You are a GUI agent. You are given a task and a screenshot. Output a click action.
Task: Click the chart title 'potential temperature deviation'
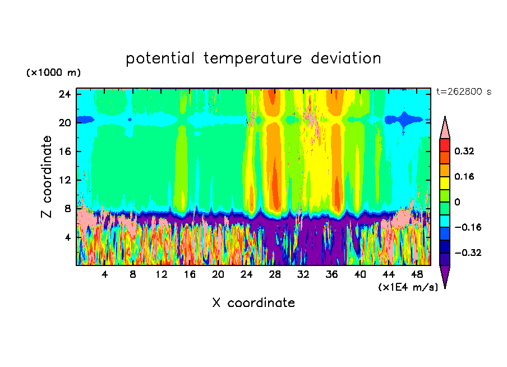coord(253,58)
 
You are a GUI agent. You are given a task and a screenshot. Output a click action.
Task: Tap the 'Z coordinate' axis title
coord(47,177)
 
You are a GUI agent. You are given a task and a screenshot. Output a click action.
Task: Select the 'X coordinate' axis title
coord(253,303)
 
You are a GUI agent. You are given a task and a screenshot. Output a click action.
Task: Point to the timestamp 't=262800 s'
coord(464,92)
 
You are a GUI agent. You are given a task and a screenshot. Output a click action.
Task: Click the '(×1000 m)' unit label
coord(53,73)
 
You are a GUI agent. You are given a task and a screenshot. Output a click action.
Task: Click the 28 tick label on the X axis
coord(275,275)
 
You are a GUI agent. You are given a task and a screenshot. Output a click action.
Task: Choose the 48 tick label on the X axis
coord(417,275)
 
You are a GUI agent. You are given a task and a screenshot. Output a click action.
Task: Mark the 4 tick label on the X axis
coord(104,275)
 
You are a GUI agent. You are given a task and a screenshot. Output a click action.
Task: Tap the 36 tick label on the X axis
coord(331,275)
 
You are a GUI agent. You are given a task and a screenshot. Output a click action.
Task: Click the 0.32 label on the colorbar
coord(464,151)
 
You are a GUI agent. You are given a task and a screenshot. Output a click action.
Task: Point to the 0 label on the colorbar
coord(457,202)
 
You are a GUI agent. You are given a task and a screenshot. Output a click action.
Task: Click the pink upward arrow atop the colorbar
coord(445,127)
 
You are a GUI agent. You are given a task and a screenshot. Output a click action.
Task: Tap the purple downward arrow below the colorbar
coord(445,276)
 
